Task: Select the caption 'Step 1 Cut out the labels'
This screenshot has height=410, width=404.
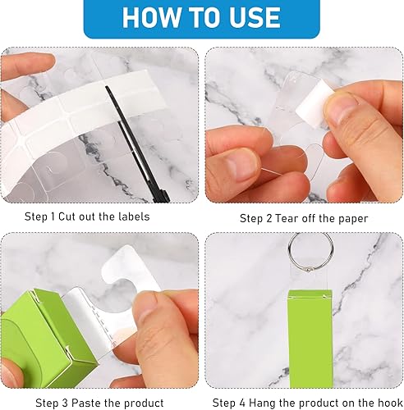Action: coord(100,217)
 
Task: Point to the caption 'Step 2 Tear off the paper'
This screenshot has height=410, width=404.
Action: coord(304,218)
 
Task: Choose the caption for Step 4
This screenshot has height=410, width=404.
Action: coord(304,402)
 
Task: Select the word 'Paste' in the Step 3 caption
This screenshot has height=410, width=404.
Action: coord(85,402)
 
